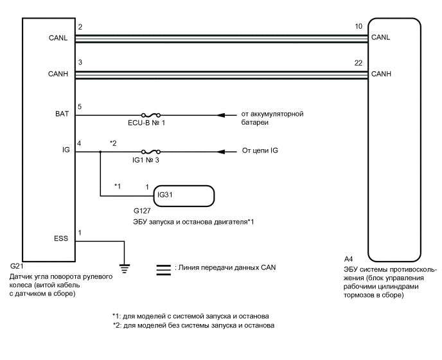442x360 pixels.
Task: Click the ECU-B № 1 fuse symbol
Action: pyautogui.click(x=138, y=116)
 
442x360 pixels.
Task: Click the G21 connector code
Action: pyautogui.click(x=17, y=266)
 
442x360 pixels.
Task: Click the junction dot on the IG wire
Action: pyautogui.click(x=100, y=152)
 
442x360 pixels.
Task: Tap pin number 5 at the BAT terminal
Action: pyautogui.click(x=80, y=107)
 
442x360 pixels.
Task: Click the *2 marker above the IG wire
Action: pyautogui.click(x=113, y=143)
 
